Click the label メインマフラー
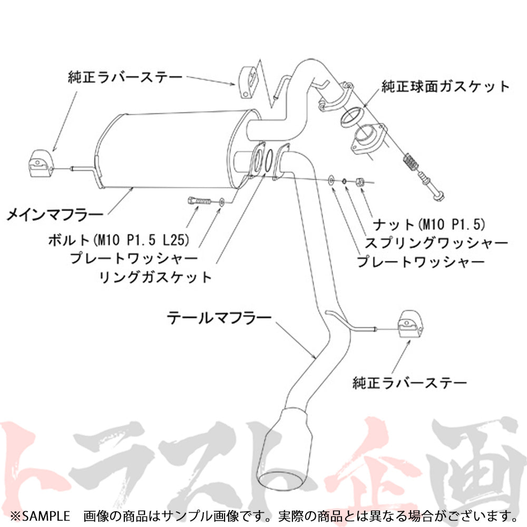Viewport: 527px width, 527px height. coord(55,214)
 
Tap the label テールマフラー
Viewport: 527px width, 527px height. coord(219,318)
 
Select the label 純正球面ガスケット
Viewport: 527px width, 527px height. coord(445,86)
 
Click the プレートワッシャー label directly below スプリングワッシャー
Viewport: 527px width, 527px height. coord(421,261)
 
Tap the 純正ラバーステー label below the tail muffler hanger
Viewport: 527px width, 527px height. coord(409,382)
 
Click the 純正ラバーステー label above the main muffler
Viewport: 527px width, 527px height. coord(125,77)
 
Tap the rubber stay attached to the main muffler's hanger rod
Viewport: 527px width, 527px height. coord(40,162)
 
